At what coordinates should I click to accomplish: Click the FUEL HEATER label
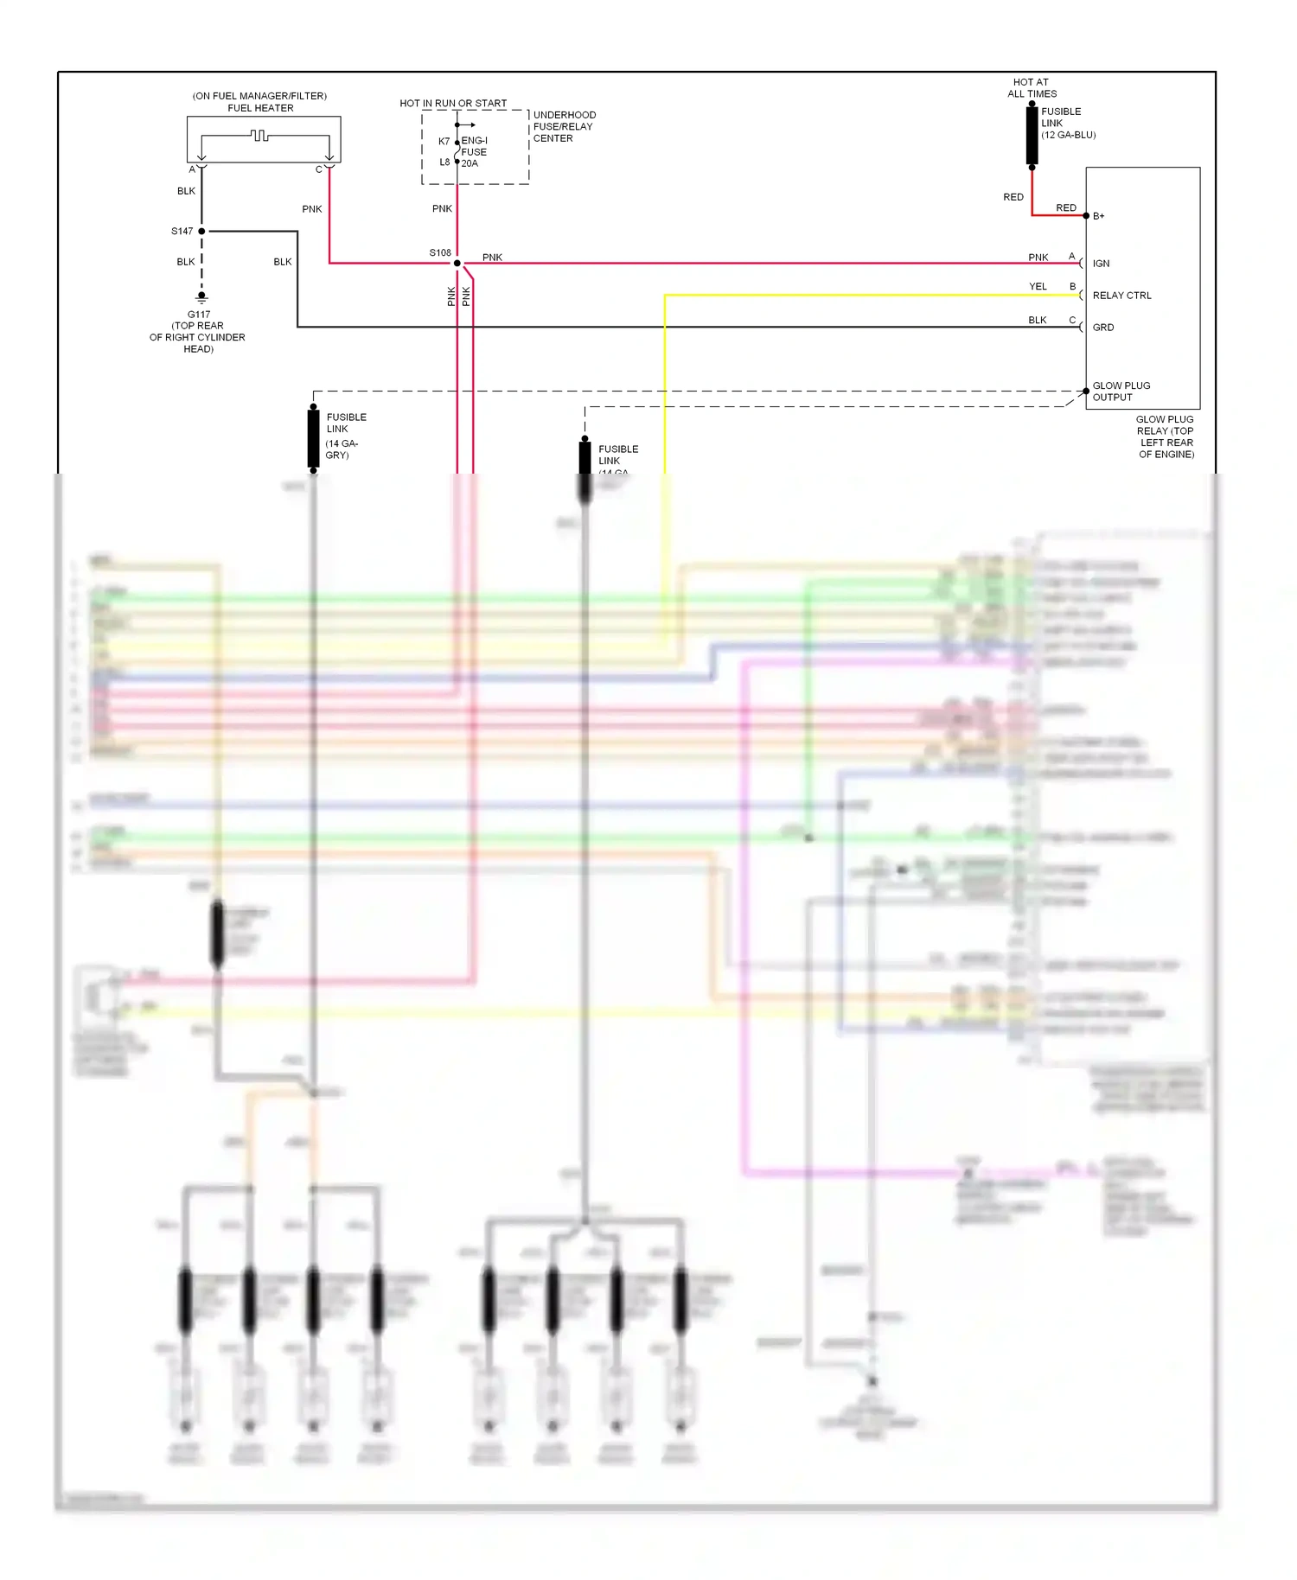[x=260, y=108]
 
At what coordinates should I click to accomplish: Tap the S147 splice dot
[x=201, y=231]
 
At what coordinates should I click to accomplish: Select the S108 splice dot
[x=457, y=263]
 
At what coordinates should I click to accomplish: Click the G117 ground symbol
[x=201, y=297]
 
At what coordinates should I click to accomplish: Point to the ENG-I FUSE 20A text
[x=474, y=151]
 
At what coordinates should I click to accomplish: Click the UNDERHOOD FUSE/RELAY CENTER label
[x=564, y=126]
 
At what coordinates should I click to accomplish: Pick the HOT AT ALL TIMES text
[x=1032, y=88]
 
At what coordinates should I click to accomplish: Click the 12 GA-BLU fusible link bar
[x=1032, y=136]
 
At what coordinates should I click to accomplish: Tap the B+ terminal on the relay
[x=1087, y=215]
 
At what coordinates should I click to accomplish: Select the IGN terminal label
[x=1101, y=264]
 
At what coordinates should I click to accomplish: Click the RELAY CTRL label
[x=1121, y=296]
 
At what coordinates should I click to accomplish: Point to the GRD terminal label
[x=1103, y=328]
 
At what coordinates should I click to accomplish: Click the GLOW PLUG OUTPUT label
[x=1121, y=392]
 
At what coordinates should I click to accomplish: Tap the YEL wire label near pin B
[x=1038, y=286]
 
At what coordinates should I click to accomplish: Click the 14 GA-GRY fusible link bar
[x=313, y=438]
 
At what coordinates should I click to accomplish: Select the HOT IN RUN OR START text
[x=453, y=103]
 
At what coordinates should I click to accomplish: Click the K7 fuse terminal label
[x=444, y=141]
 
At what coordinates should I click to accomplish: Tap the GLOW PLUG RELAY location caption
[x=1166, y=436]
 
